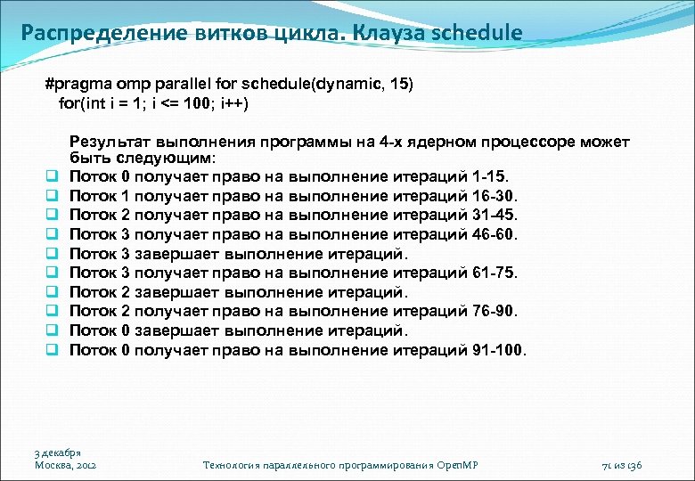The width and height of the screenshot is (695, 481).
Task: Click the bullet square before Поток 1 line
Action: (x=53, y=196)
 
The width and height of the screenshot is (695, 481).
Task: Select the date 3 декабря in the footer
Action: (x=58, y=452)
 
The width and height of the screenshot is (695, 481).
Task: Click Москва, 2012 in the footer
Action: (x=65, y=465)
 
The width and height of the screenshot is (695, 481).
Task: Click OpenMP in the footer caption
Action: (x=463, y=465)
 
